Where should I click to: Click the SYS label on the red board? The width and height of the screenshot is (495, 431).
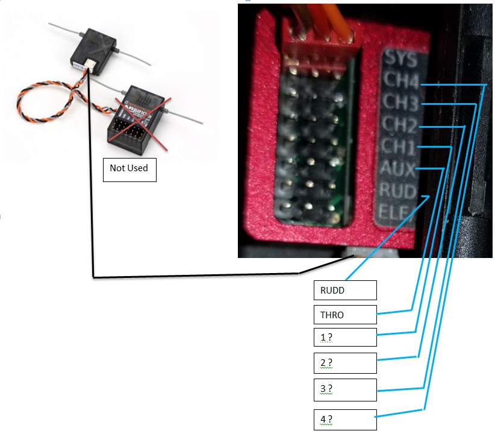click(400, 59)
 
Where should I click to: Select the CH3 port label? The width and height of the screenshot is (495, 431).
click(400, 104)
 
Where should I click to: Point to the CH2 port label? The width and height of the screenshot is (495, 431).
click(399, 125)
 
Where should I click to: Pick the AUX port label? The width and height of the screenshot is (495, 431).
click(396, 169)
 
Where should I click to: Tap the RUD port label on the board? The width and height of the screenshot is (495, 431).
click(396, 192)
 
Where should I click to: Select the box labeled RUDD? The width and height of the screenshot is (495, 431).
click(344, 290)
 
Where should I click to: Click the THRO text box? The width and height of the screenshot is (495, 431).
click(344, 315)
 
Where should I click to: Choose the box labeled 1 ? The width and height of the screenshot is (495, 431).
click(344, 338)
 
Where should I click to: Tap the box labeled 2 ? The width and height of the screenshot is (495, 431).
click(344, 363)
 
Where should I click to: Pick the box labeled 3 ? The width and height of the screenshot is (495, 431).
click(344, 389)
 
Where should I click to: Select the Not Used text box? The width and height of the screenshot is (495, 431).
click(129, 168)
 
